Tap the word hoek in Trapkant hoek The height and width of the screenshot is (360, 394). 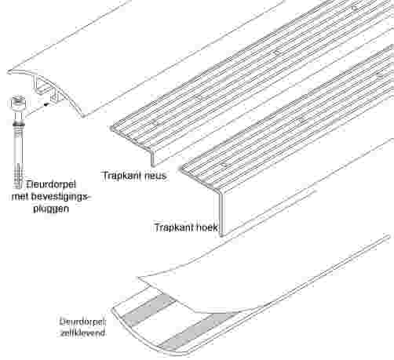point(206,227)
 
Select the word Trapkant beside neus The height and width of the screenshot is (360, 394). point(122,176)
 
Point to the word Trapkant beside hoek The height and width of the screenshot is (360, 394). point(173,227)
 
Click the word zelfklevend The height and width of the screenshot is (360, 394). point(82,333)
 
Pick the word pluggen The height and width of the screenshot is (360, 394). point(51,209)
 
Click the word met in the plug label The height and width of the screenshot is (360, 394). point(20,197)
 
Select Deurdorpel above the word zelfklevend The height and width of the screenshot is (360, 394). point(82,322)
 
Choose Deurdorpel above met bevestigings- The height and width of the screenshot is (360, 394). point(51,184)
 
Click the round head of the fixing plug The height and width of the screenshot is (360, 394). point(17,102)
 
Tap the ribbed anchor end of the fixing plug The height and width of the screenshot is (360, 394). point(18,178)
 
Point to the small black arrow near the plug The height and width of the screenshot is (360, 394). point(46,104)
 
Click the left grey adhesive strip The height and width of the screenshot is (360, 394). point(148,309)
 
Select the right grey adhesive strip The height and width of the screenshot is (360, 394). point(199,331)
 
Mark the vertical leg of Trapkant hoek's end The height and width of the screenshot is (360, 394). point(221,213)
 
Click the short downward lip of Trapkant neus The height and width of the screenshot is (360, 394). point(152,158)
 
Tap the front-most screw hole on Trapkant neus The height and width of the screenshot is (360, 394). point(154,122)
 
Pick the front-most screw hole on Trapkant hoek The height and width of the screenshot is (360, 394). point(223,165)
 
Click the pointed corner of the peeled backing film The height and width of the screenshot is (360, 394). point(138,278)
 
